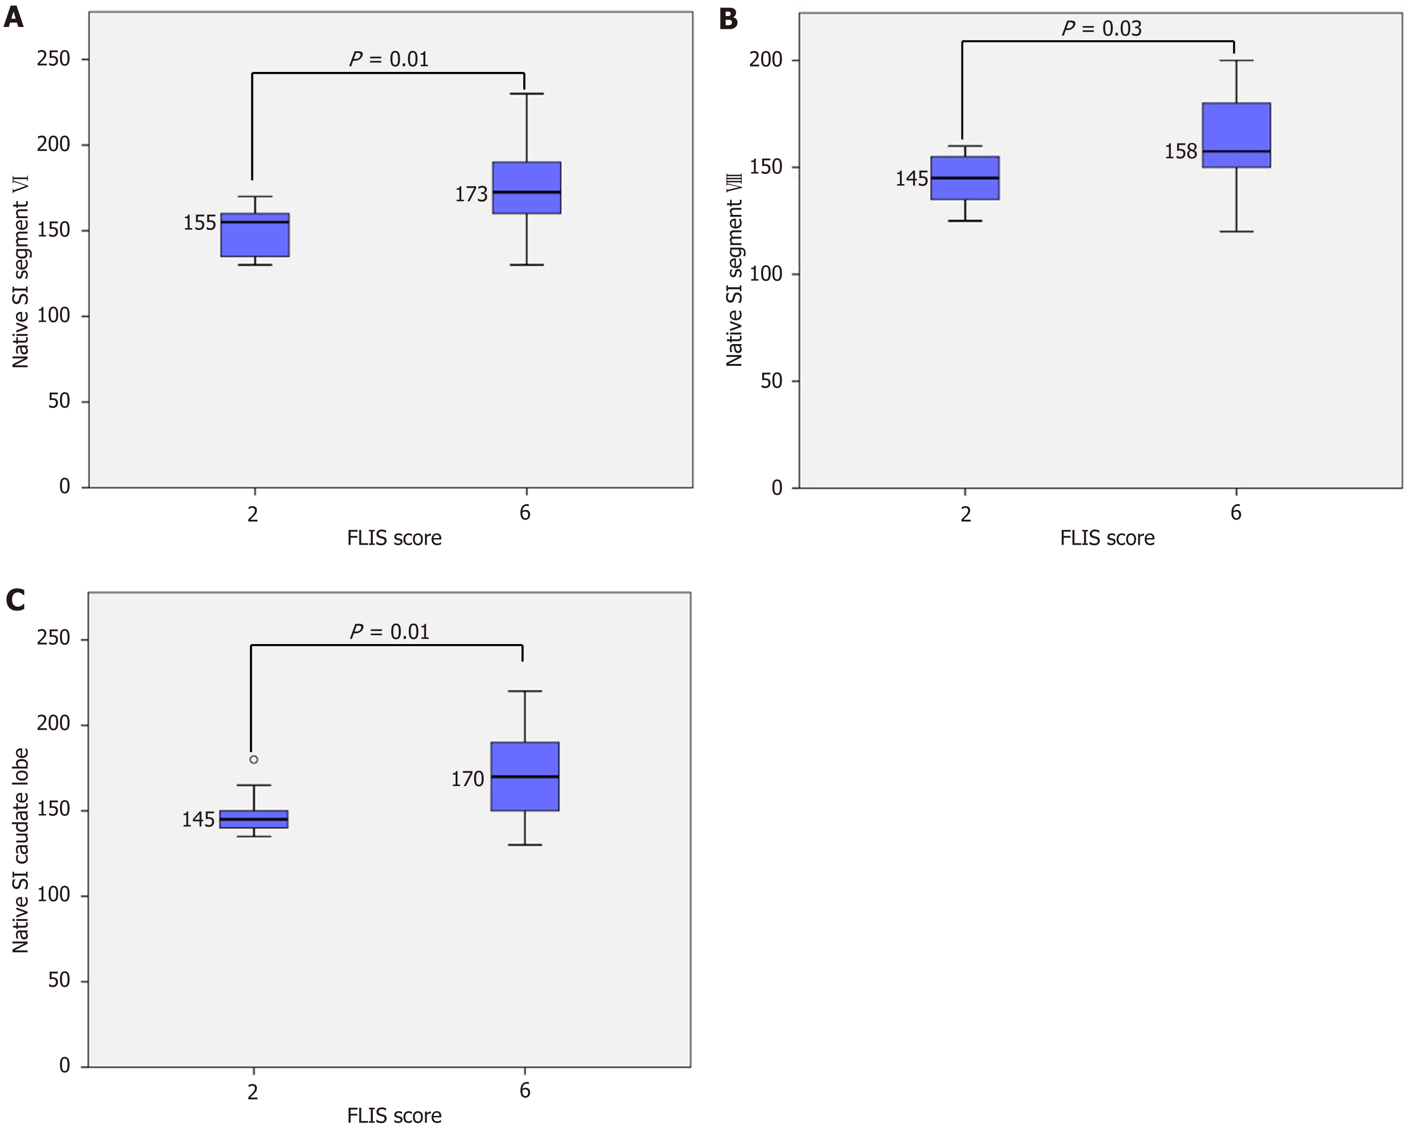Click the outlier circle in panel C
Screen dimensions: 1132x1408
point(254,760)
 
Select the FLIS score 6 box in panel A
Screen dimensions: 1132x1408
point(527,187)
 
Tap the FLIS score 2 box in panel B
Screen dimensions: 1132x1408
point(965,177)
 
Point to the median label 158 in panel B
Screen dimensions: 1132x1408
point(1181,151)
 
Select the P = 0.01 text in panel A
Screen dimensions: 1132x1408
point(389,60)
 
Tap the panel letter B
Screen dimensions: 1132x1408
point(728,18)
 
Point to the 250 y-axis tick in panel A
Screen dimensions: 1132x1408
point(53,59)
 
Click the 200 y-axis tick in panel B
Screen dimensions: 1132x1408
point(766,60)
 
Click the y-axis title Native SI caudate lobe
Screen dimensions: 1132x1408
point(20,850)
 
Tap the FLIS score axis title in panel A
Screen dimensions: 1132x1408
point(395,538)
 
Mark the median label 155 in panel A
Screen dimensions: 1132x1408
point(199,223)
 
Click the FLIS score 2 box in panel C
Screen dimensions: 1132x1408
point(254,819)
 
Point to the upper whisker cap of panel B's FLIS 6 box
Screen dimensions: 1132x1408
point(1236,61)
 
